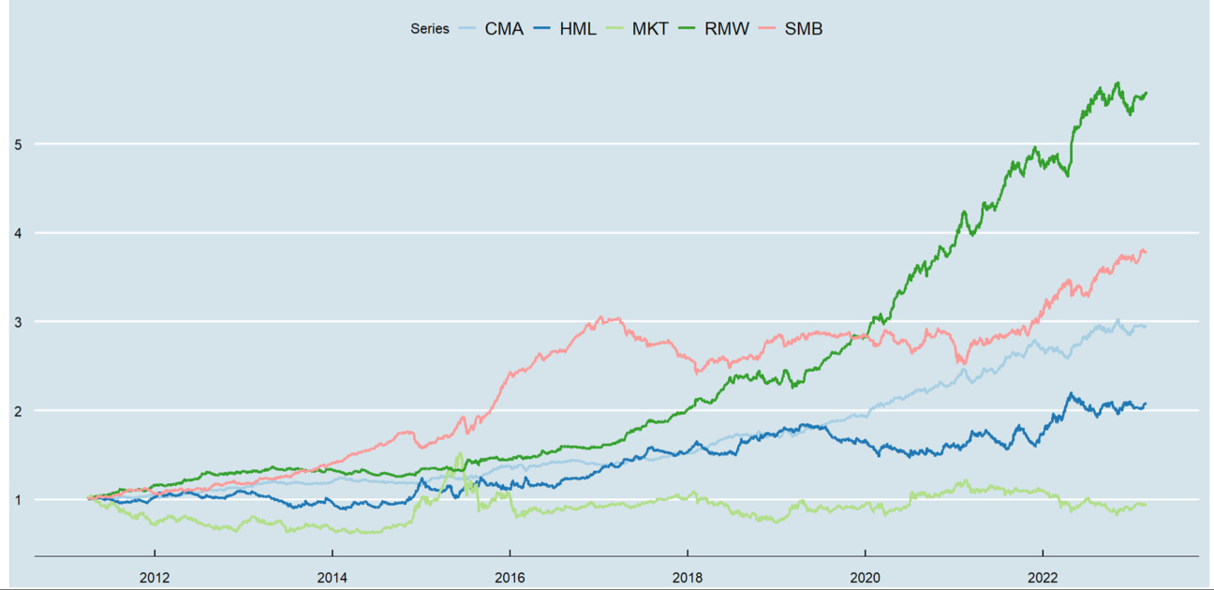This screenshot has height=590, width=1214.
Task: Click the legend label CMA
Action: coord(505,29)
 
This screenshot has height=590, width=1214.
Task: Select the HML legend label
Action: coord(577,29)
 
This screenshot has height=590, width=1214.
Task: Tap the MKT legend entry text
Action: coord(651,29)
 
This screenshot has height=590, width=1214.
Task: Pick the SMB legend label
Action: coord(803,29)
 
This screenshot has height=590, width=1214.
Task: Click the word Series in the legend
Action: coord(430,29)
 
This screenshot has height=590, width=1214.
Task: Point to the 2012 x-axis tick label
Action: coord(154,576)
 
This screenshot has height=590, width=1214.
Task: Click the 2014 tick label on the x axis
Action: coord(332,576)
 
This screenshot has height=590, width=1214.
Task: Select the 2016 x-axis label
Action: coord(510,576)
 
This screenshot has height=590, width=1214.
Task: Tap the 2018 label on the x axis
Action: coord(688,576)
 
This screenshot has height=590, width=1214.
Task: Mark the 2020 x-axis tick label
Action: coord(866,576)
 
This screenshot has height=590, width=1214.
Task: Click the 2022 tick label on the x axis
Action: coord(1044,576)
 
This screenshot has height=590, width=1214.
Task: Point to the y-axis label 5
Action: coord(18,144)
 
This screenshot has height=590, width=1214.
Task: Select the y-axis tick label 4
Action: coord(18,233)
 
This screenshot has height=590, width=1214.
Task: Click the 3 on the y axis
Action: coord(18,322)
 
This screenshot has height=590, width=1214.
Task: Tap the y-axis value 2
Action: coord(18,411)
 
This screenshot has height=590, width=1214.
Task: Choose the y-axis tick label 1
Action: coord(18,500)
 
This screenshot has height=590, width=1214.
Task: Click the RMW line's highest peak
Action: coord(1117,82)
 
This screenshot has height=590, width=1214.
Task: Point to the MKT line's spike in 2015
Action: coord(459,454)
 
